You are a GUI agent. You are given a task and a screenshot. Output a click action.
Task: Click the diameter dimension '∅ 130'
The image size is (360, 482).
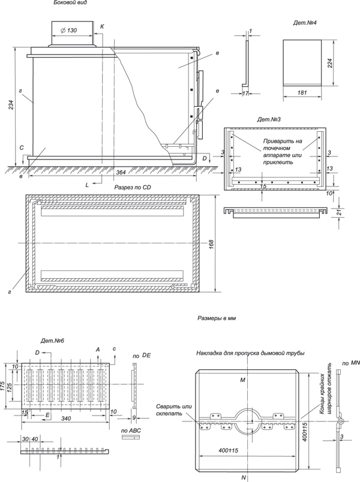(68, 30)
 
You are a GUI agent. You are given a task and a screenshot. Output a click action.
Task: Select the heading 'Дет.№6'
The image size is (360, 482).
(52, 341)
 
